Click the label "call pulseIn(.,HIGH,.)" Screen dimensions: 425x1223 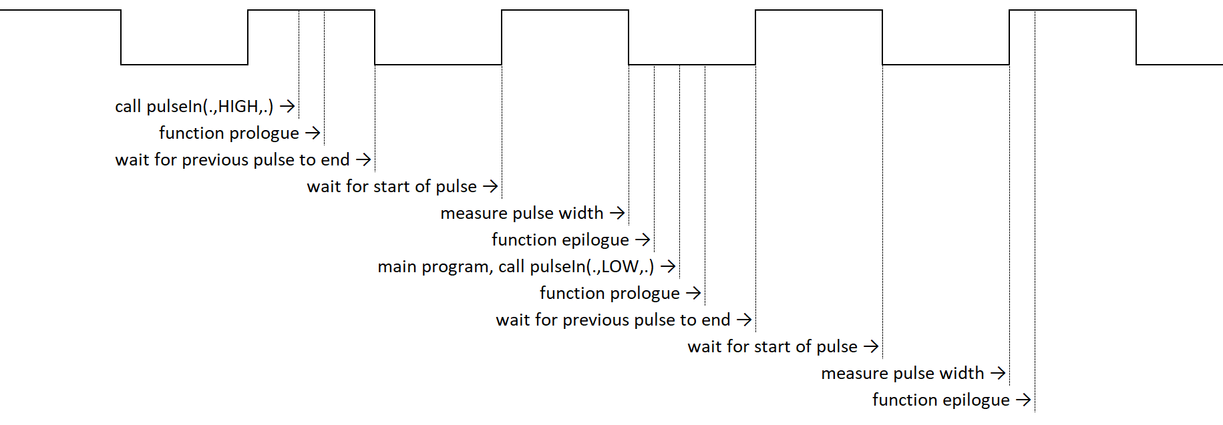(x=194, y=107)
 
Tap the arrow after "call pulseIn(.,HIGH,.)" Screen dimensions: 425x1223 (x=288, y=106)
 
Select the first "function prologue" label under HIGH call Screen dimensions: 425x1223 (x=228, y=133)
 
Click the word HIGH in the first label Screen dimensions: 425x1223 (x=238, y=107)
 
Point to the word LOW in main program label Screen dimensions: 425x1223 (x=620, y=267)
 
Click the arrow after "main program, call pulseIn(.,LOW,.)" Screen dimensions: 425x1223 (x=668, y=267)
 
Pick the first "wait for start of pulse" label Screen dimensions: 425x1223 (x=391, y=187)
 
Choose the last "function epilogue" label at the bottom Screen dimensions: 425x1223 (x=940, y=400)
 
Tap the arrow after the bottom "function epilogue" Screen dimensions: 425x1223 (x=1023, y=400)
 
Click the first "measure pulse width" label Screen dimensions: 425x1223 (x=522, y=214)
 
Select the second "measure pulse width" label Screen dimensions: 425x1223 (x=902, y=374)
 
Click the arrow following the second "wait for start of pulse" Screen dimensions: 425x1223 (x=871, y=347)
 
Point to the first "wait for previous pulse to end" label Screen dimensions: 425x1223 (x=232, y=160)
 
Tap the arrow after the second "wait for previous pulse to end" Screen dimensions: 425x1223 (x=744, y=320)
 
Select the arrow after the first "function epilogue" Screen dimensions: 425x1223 (x=643, y=240)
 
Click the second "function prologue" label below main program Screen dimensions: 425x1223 (x=609, y=294)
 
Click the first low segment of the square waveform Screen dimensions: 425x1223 (x=184, y=65)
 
